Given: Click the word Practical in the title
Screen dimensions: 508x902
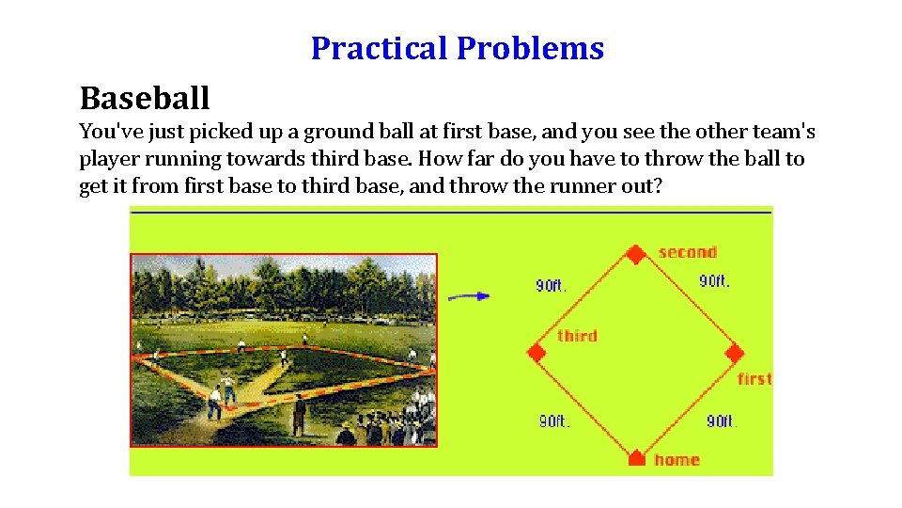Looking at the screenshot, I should [381, 48].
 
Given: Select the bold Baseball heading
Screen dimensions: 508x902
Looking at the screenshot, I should [145, 97].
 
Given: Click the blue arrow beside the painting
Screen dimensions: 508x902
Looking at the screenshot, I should [469, 296].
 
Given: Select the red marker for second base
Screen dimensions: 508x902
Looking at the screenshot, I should [636, 254].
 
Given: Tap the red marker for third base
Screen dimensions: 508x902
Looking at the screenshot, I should [537, 353].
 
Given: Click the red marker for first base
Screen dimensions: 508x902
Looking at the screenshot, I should [735, 354].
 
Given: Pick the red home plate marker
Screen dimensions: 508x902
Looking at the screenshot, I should [636, 458].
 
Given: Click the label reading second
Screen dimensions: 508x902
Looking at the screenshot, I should [687, 252].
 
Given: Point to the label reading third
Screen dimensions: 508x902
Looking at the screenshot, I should [577, 336].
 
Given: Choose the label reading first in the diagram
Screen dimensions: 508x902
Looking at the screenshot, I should [754, 379].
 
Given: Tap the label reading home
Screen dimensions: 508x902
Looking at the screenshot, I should [676, 459].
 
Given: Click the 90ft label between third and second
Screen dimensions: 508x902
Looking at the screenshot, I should [552, 285].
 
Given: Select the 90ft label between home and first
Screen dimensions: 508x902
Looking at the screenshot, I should [721, 421].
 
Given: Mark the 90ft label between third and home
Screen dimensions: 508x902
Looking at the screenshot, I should [553, 421].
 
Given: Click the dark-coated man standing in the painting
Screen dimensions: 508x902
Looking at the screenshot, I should [299, 415].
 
